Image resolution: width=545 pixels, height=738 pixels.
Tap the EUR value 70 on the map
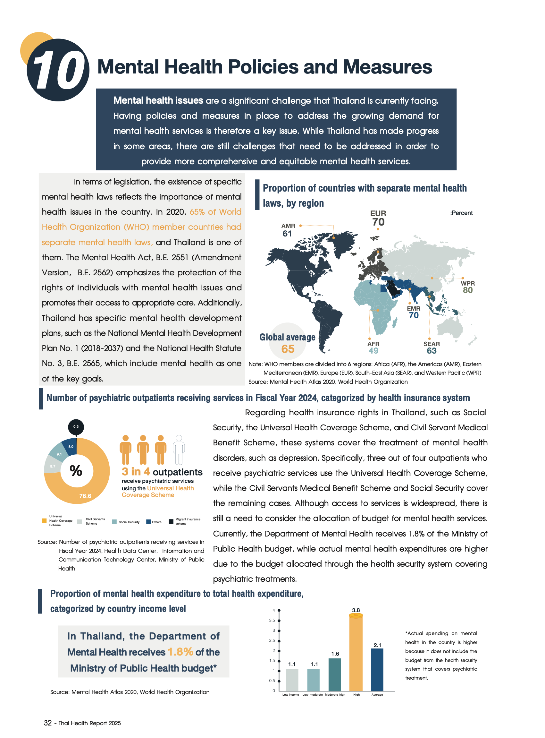[x=378, y=222]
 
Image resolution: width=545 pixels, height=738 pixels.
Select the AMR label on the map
[x=288, y=226]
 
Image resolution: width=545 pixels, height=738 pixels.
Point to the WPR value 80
[x=467, y=290]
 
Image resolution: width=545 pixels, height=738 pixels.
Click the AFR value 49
[x=373, y=351]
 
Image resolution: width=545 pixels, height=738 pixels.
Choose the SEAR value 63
[x=432, y=351]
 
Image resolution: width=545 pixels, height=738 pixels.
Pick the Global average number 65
[x=288, y=349]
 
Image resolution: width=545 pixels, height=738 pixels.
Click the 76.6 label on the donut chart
[x=85, y=496]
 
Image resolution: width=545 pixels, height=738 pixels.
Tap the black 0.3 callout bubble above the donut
[x=76, y=427]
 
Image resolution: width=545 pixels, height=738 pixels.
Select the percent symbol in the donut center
[x=76, y=470]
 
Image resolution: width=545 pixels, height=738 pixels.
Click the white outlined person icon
[x=179, y=450]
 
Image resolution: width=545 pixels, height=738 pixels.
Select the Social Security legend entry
[x=126, y=522]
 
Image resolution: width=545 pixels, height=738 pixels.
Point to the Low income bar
[x=292, y=680]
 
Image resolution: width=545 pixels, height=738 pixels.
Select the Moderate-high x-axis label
[x=335, y=695]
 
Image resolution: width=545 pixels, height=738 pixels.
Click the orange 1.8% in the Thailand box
[x=180, y=652]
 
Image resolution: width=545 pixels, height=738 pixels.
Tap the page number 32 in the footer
[x=48, y=723]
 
